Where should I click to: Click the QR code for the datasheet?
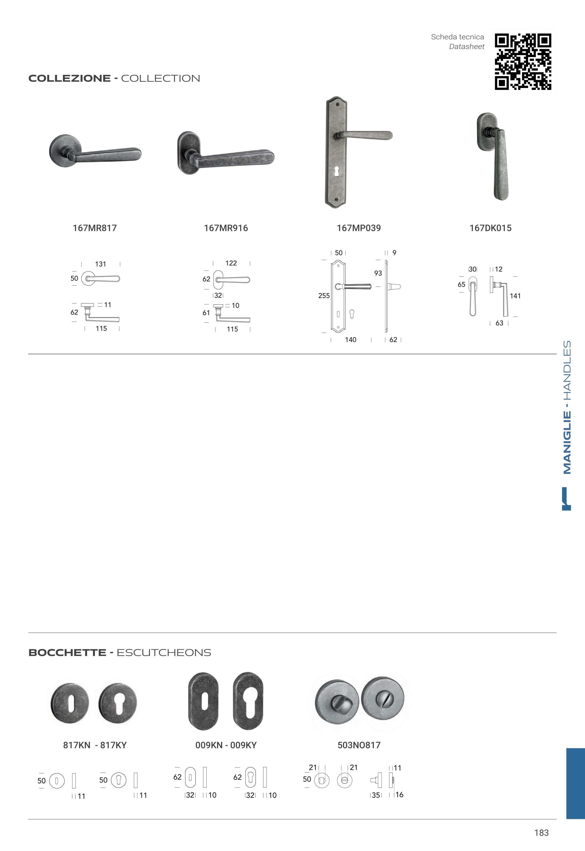pos(523,62)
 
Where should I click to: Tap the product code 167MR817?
pos(95,228)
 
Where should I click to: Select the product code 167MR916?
pos(226,228)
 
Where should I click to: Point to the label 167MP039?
pos(359,228)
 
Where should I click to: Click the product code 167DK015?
pos(490,228)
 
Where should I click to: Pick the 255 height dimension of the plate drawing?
pos(324,296)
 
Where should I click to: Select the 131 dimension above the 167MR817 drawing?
pos(100,264)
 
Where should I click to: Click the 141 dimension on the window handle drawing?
pos(515,296)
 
